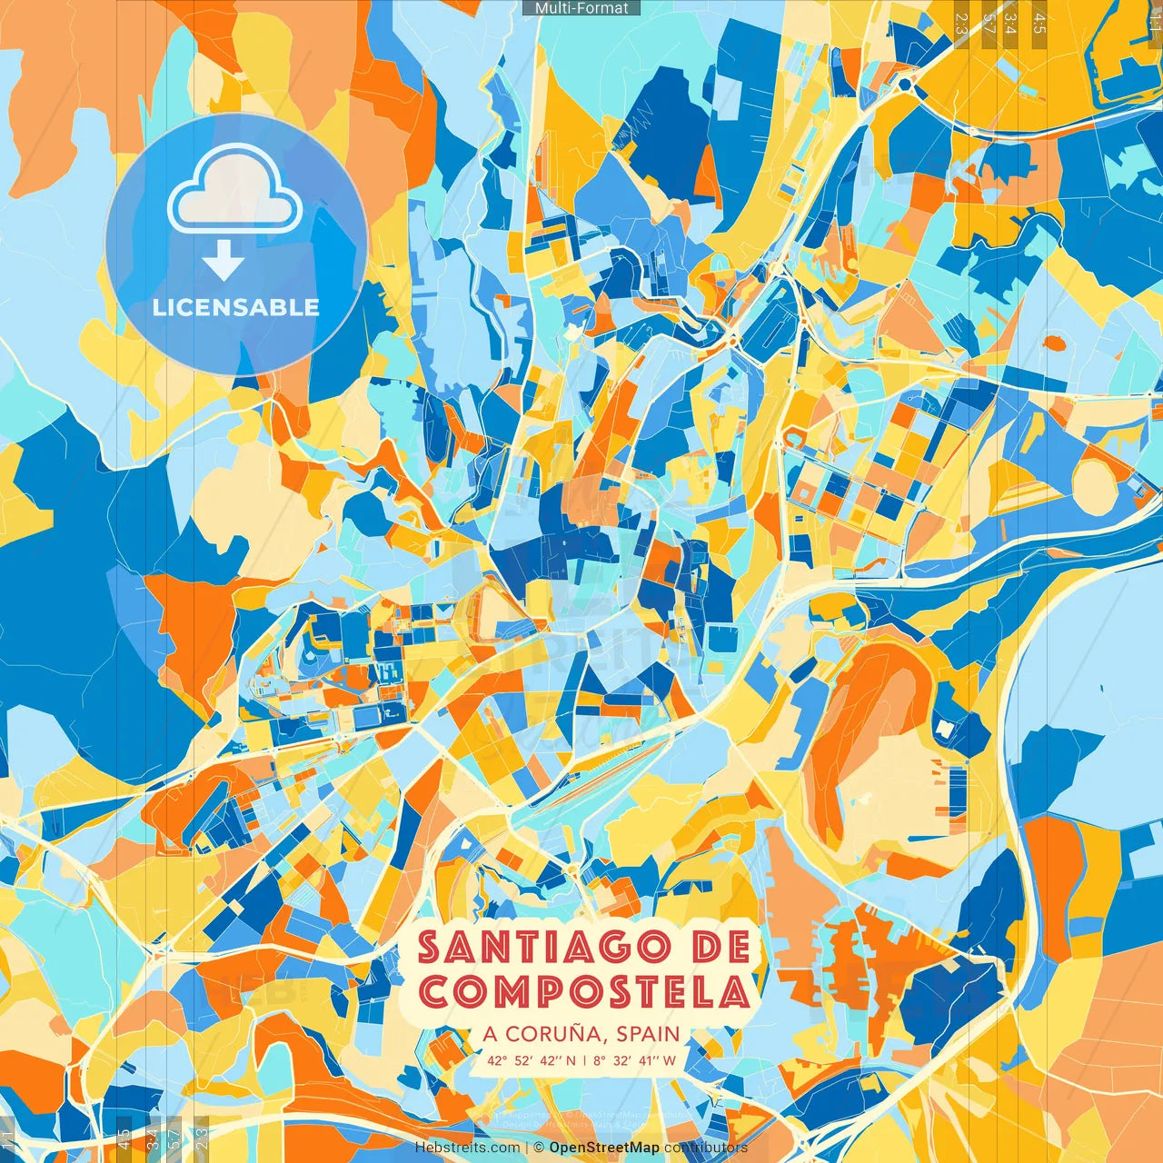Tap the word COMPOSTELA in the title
click(x=584, y=991)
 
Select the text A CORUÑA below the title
click(x=542, y=1034)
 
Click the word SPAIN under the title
click(x=648, y=1034)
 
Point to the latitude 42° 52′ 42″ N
click(x=532, y=1059)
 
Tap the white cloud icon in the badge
click(x=234, y=193)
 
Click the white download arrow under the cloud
click(x=223, y=261)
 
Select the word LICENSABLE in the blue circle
click(x=236, y=307)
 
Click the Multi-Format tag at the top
click(x=581, y=8)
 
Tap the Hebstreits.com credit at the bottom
click(x=467, y=1148)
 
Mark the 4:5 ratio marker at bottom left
click(x=124, y=1139)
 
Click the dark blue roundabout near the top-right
click(x=905, y=84)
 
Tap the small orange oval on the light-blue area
click(x=1054, y=343)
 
